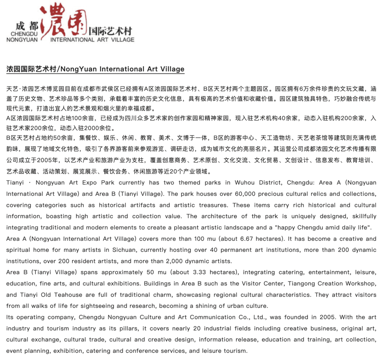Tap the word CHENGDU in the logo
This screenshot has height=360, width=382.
pos(22,33)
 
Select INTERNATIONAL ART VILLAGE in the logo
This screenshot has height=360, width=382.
pos(92,39)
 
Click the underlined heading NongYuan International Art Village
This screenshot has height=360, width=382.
pos(95,69)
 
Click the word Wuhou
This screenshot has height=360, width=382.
pos(245,183)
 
